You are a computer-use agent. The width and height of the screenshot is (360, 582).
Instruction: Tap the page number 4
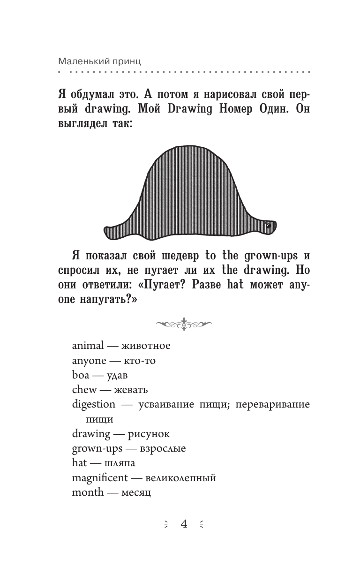click(x=184, y=524)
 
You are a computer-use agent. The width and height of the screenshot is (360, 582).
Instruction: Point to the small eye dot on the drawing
click(x=269, y=226)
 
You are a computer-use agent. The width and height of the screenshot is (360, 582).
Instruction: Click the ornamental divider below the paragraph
click(x=183, y=323)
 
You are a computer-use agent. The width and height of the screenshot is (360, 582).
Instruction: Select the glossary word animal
click(x=88, y=346)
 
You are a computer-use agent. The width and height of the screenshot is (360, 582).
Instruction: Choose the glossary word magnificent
click(x=99, y=478)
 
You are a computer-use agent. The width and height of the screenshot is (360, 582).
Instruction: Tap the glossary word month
click(x=88, y=492)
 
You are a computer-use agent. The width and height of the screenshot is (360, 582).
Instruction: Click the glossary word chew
click(x=84, y=390)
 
